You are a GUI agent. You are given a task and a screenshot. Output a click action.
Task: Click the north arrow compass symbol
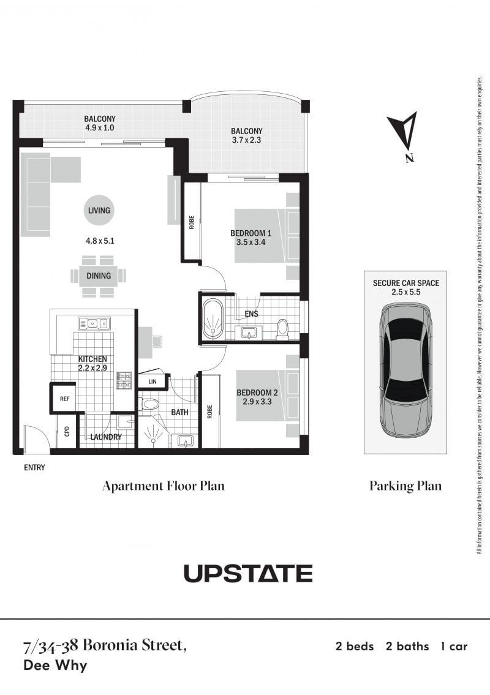tap(405, 133)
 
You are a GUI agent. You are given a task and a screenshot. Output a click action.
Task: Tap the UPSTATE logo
tap(248, 573)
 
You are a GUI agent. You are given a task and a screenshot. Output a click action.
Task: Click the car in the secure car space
tap(405, 370)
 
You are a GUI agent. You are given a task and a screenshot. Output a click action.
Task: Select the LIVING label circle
tap(99, 210)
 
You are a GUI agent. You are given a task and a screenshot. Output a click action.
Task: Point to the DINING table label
tap(99, 276)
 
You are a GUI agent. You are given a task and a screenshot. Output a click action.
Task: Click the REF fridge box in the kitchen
tap(65, 399)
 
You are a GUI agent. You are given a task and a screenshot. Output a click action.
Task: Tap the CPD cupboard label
tap(67, 431)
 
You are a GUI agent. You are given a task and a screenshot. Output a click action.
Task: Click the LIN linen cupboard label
tap(152, 381)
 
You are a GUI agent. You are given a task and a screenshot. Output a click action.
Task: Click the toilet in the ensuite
tap(282, 329)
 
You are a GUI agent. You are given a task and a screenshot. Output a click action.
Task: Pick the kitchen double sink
tap(94, 323)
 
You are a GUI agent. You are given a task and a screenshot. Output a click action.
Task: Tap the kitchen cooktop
tap(124, 380)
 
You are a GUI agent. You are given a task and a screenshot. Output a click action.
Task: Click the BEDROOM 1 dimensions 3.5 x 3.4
tap(251, 242)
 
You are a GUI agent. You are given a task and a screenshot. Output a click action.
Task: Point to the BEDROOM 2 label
tap(257, 393)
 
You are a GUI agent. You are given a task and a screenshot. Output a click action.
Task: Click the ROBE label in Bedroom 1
tap(192, 222)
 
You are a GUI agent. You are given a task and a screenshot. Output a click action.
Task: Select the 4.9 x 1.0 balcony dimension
tap(100, 127)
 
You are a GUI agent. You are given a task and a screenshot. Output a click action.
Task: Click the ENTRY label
tap(34, 468)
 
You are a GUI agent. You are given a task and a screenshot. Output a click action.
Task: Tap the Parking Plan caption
tap(405, 486)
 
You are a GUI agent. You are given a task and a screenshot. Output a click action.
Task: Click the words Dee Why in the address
tap(55, 666)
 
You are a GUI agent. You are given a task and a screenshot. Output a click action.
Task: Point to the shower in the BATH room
tap(153, 431)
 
